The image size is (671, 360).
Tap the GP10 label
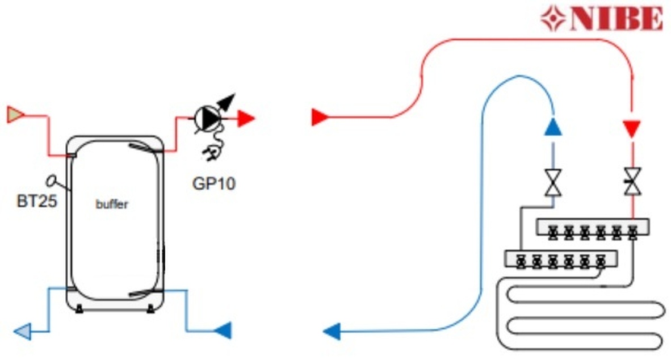pyautogui.click(x=213, y=184)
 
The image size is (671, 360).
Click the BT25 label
pyautogui.click(x=37, y=201)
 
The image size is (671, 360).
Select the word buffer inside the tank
pyautogui.click(x=111, y=204)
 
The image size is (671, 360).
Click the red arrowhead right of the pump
pyautogui.click(x=246, y=118)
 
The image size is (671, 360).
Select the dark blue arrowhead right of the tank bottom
pyautogui.click(x=223, y=330)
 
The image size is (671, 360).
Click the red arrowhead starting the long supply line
pyautogui.click(x=320, y=118)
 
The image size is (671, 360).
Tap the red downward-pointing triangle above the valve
pyautogui.click(x=631, y=128)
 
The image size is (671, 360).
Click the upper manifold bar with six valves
pyautogui.click(x=592, y=228)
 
